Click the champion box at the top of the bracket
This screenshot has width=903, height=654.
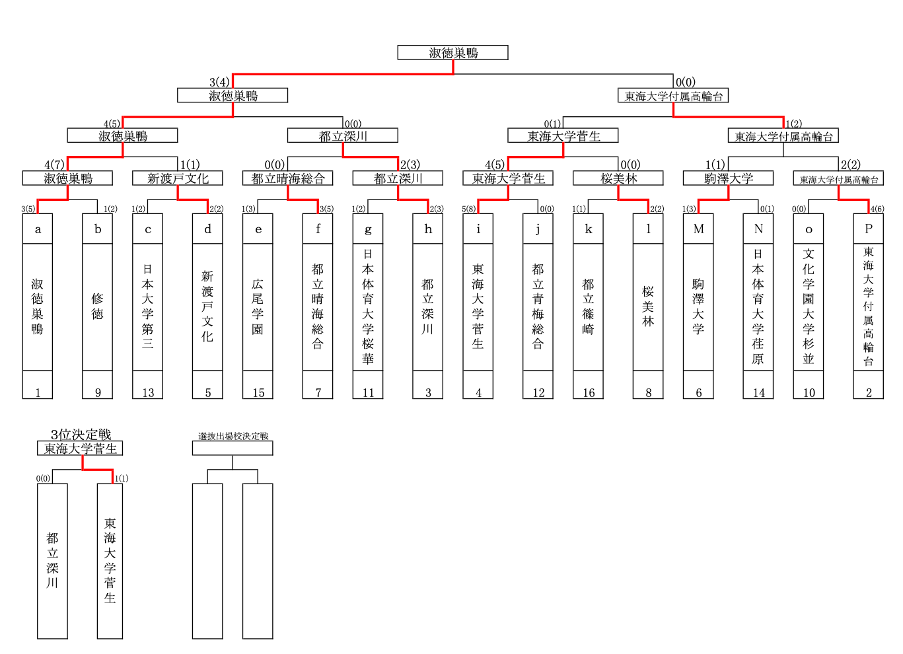pos(452,53)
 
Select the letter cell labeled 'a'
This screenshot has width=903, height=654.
pos(38,229)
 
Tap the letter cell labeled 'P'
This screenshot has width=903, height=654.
pos(868,229)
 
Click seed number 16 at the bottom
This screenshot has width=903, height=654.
pos(588,392)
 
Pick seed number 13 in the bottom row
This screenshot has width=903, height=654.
pos(148,392)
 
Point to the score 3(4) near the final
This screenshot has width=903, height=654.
pos(219,82)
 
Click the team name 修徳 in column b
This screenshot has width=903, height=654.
pos(98,307)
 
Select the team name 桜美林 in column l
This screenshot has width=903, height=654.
pos(648,307)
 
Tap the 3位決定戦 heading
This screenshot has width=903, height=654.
pos(81,434)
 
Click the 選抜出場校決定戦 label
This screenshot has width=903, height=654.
pos(233,436)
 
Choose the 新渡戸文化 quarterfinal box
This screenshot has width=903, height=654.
pos(178,178)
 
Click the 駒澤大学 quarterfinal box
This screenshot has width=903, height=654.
pos(728,178)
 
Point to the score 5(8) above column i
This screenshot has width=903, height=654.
pos(468,209)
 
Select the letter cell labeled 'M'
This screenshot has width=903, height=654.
pos(698,229)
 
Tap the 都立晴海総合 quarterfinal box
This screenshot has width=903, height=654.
pos(288,178)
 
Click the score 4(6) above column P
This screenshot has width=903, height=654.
pos(877,209)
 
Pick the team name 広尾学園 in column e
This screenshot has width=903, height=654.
pos(258,307)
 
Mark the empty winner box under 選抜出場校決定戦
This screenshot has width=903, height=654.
pos(233,449)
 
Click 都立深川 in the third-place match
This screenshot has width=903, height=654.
pos(52,560)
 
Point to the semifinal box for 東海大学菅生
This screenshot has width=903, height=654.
pos(563,136)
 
